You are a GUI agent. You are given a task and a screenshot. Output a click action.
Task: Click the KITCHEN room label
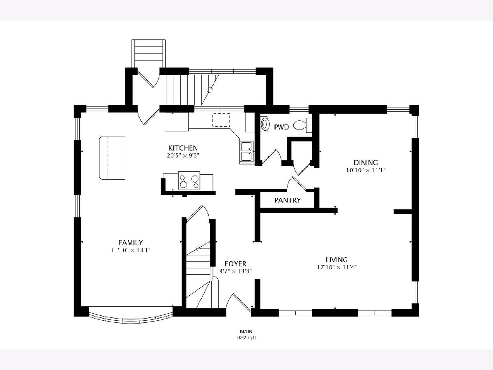coord(183,148)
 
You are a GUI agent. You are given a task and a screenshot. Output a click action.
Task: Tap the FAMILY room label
coord(131,243)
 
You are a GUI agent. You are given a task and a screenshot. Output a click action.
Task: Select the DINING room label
coord(366,162)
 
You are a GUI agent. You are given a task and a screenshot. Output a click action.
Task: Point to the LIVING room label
coord(336,260)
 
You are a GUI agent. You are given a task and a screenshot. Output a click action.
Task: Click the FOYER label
coord(235,264)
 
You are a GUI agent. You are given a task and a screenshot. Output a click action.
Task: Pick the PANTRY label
coord(288,200)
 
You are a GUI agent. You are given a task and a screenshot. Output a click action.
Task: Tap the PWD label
coord(281,127)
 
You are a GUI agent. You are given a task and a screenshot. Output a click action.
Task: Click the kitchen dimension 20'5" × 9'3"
coord(183,155)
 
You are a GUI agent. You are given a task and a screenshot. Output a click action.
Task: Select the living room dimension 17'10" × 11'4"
coord(337,267)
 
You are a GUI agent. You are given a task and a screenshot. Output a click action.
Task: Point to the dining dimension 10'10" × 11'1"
coord(366,170)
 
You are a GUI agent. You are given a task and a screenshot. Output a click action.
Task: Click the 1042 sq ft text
coord(246,338)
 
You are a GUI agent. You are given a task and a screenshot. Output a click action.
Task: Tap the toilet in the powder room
coord(302,125)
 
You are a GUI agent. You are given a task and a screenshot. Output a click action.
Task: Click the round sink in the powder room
coord(265,124)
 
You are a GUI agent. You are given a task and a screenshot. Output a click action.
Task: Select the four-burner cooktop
coord(189,180)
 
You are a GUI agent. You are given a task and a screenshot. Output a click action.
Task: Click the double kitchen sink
coord(246,151)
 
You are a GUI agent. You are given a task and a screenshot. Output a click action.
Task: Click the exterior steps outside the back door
coord(148,54)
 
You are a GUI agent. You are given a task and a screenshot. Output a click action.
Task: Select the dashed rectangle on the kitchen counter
coord(221,120)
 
